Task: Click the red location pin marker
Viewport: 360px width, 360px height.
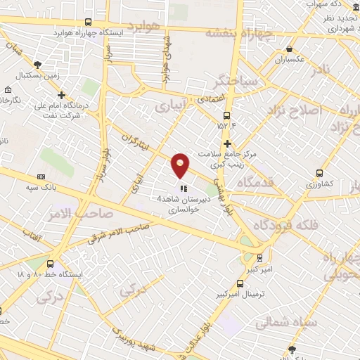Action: (x=181, y=165)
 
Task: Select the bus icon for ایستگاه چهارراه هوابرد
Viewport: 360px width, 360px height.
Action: (x=87, y=22)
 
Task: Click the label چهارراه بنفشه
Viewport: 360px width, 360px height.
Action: (x=238, y=32)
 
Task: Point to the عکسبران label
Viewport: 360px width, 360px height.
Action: (x=290, y=59)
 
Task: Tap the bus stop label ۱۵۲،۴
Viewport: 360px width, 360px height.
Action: (x=226, y=127)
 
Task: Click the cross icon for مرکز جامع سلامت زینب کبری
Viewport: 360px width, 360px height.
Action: (x=247, y=143)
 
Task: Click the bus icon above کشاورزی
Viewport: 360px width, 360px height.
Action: (x=320, y=173)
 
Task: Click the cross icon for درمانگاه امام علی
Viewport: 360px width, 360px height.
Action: (x=62, y=95)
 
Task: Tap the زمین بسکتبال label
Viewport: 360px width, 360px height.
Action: (x=36, y=74)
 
